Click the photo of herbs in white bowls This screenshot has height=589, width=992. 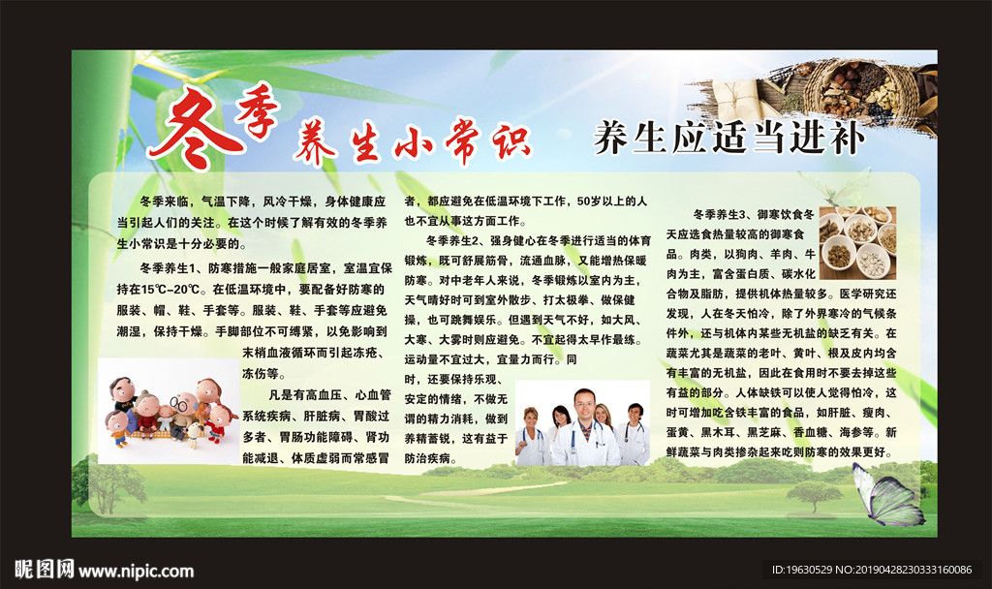pyautogui.click(x=856, y=241)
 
